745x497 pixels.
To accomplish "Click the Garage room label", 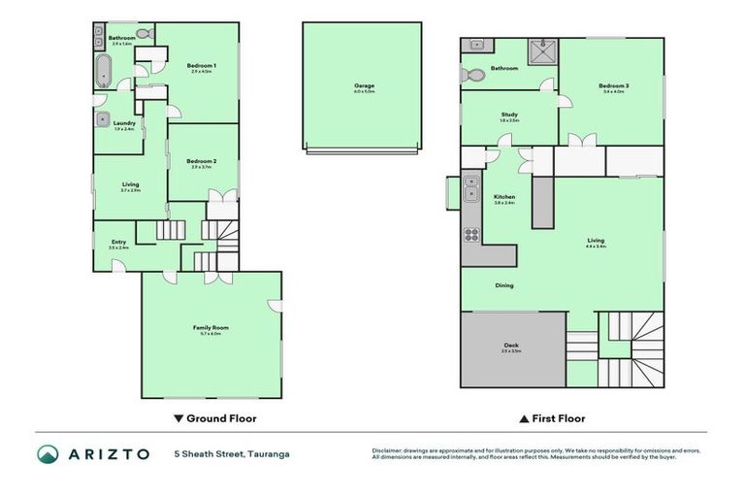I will (x=364, y=85).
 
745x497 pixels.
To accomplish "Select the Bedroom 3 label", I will (x=613, y=85).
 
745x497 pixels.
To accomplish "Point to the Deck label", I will (x=511, y=346).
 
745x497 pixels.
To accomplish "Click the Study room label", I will (x=509, y=115).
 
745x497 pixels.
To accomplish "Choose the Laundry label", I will (x=124, y=123).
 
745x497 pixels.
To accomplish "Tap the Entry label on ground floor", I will (x=118, y=242).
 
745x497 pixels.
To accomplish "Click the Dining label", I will (x=504, y=285).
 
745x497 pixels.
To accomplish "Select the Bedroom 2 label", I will (x=202, y=161).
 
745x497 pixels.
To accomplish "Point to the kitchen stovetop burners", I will (x=471, y=234).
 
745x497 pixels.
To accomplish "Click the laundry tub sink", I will (x=103, y=119).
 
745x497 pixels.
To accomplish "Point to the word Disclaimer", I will (x=388, y=450).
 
